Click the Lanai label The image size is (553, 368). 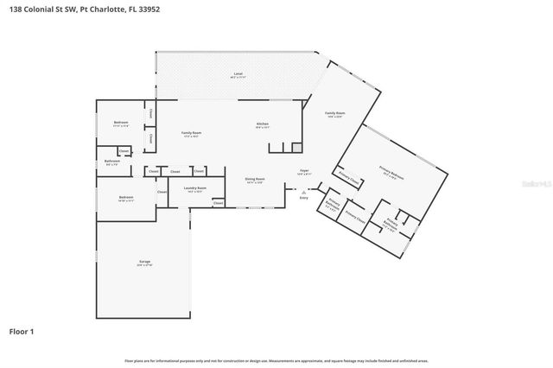(x=237, y=75)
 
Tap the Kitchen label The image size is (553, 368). (x=263, y=124)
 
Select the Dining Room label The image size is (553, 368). (x=255, y=179)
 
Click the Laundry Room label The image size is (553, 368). (x=196, y=187)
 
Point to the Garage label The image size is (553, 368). (x=144, y=261)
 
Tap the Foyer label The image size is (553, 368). (x=304, y=171)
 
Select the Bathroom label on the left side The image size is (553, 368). (x=111, y=161)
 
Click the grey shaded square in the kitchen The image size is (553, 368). (x=296, y=148)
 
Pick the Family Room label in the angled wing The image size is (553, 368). (x=335, y=113)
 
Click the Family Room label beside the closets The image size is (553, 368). (x=191, y=132)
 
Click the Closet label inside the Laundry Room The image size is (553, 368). (x=218, y=203)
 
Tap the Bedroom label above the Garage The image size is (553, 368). (x=126, y=197)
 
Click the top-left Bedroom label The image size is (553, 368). (x=121, y=123)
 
